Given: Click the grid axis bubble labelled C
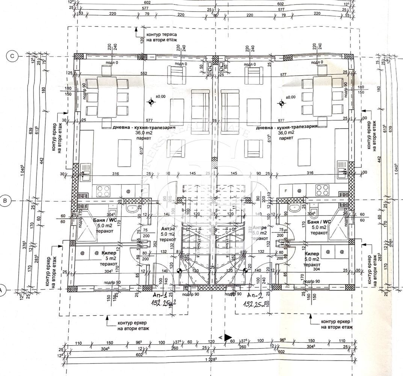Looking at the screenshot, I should (12, 56).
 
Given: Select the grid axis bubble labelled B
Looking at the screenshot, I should (5, 201).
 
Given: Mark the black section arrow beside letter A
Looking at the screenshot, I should (228, 337).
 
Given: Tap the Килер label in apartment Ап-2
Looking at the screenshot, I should (312, 254).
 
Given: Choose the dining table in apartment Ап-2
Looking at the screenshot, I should (322, 96).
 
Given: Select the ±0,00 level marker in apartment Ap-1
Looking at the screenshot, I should (151, 102).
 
